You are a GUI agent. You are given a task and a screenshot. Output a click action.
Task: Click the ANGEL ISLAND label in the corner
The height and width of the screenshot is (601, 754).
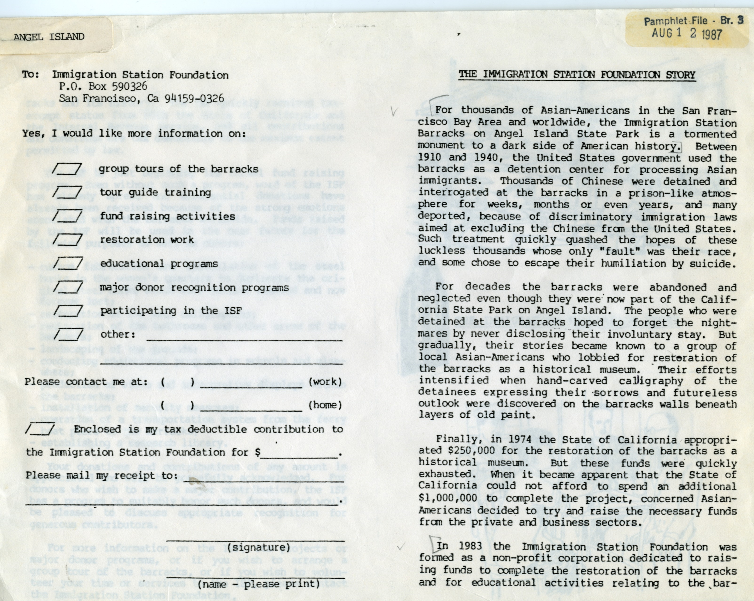click(x=49, y=37)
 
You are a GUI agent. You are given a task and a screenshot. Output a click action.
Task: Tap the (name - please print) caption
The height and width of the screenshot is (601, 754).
click(x=258, y=584)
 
